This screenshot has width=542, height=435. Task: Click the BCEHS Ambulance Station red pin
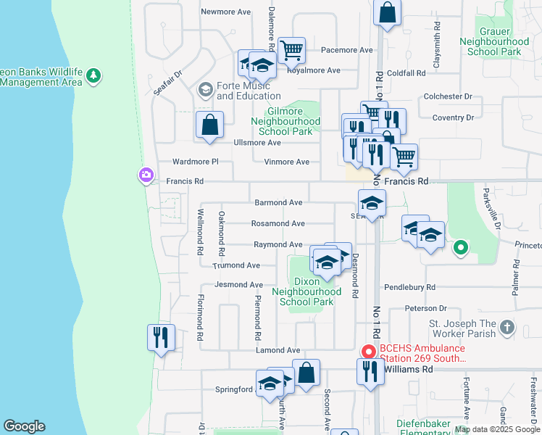coord(368,352)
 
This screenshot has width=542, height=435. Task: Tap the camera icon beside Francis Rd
coord(146,175)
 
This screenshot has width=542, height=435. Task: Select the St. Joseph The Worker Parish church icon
coord(506,328)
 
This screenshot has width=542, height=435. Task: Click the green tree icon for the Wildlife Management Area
coord(93,75)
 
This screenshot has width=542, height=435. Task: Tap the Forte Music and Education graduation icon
coord(205,90)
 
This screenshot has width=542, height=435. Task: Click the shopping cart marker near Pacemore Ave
coord(291,51)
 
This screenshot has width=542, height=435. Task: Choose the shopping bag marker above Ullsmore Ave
coord(209,125)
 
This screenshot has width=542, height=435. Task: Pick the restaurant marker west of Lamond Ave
coord(161,337)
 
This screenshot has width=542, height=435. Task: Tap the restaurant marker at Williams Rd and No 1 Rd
coord(370,371)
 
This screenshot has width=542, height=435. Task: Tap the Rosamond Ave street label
coord(278,224)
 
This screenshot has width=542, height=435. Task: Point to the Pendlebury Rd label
coord(410,287)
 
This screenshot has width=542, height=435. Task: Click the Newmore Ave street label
coord(225,12)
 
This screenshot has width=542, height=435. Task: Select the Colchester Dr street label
coord(448,96)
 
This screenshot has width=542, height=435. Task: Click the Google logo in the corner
coord(24,426)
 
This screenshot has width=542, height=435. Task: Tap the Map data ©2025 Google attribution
coord(497,429)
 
